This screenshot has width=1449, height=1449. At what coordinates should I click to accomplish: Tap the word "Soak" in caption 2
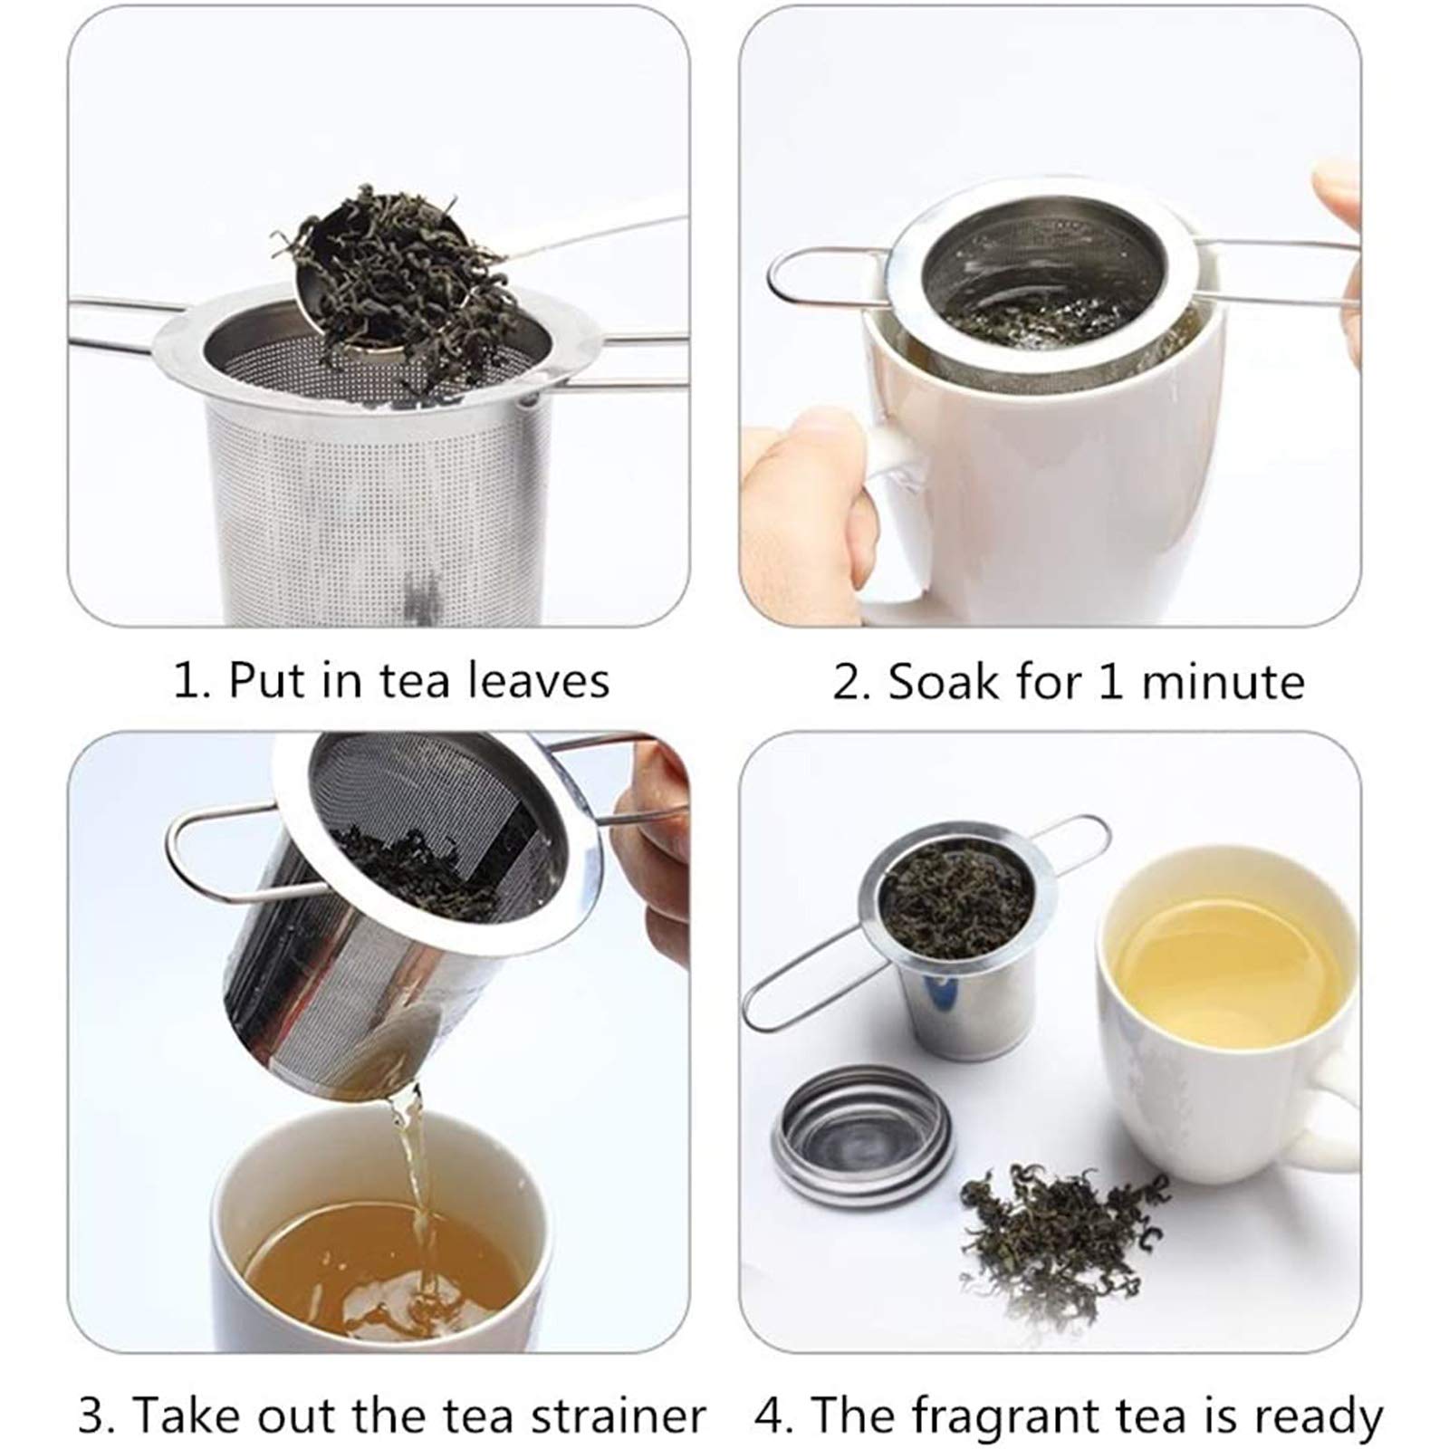point(942,681)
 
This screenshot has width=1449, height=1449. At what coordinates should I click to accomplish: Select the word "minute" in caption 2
point(1223,681)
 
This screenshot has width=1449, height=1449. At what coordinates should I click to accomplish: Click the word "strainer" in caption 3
point(619,1415)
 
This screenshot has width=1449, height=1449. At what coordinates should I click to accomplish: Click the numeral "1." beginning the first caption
point(191,681)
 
